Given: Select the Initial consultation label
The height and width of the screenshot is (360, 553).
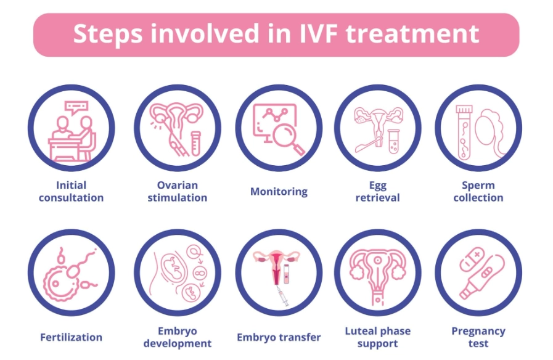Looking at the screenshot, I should (x=71, y=191).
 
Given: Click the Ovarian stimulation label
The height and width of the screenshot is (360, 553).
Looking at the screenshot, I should (x=177, y=191).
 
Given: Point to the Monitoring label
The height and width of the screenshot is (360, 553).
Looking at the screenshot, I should (x=279, y=191).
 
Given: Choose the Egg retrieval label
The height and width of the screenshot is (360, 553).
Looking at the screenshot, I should (x=377, y=191).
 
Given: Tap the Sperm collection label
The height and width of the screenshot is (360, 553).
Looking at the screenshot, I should (x=478, y=191).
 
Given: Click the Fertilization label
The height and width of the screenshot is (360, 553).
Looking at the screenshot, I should (x=71, y=337).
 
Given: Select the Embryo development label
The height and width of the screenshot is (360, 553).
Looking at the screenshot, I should (x=177, y=337).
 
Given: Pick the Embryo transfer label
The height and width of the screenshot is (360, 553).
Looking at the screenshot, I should (x=279, y=337).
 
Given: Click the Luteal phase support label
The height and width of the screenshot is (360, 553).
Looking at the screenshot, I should (x=377, y=337).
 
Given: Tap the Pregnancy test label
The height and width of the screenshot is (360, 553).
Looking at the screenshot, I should (x=478, y=337).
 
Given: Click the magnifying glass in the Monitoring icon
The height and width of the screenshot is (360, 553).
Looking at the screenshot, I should (x=287, y=137).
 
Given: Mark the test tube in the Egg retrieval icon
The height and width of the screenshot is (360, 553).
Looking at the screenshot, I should (x=392, y=141).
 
